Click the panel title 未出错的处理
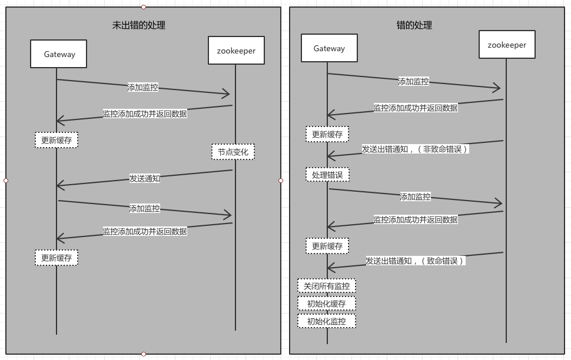click(139, 25)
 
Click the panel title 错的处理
click(414, 25)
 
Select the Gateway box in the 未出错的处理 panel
click(59, 54)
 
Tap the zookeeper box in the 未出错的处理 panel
click(236, 50)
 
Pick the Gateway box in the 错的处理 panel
click(329, 48)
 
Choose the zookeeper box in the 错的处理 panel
click(507, 44)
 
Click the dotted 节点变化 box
click(233, 152)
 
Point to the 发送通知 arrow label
click(145, 178)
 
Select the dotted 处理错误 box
click(327, 175)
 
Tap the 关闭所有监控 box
click(327, 286)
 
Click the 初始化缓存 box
click(327, 304)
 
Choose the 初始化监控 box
click(327, 321)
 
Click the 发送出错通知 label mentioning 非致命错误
click(415, 149)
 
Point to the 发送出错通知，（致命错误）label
click(416, 261)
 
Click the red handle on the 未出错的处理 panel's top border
click(144, 7)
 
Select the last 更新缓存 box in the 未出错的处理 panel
click(57, 258)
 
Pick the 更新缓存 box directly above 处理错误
click(327, 134)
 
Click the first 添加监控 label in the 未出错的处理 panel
click(142, 88)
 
